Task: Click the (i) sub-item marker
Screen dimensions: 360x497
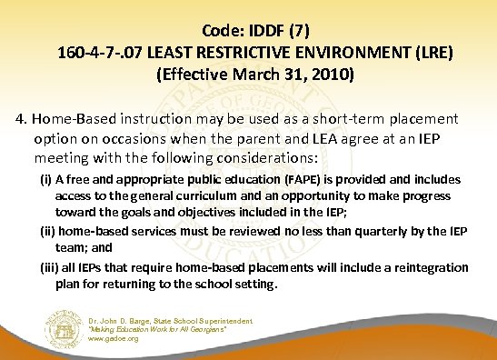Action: (x=45, y=180)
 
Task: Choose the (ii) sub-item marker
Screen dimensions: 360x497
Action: (x=47, y=231)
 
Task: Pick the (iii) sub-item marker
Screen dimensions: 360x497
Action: (x=49, y=267)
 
